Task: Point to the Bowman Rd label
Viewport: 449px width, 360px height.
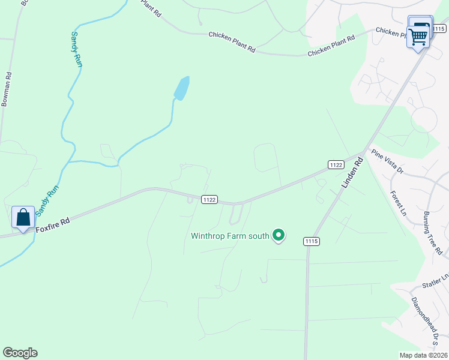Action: (x=6, y=89)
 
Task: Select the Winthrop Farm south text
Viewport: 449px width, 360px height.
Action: (x=230, y=236)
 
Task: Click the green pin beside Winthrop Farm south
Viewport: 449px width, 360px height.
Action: (x=278, y=236)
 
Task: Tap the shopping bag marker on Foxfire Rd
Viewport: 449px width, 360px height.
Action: (x=23, y=217)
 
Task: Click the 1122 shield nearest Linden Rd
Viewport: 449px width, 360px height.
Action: (x=336, y=164)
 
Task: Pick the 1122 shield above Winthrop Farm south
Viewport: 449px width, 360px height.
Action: (x=209, y=200)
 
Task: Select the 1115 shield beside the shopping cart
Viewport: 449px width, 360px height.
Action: (x=439, y=28)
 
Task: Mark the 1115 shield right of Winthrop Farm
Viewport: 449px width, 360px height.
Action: (x=312, y=241)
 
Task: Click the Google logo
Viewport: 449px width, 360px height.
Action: (x=20, y=353)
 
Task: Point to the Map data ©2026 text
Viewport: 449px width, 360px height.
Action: (x=423, y=355)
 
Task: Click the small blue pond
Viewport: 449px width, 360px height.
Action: (x=182, y=88)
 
